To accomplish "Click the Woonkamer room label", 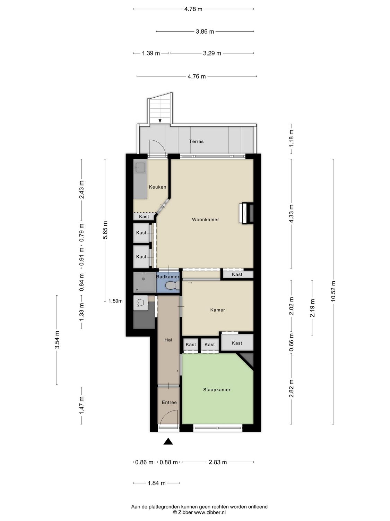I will (x=206, y=220).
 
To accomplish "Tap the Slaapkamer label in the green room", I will (x=217, y=390).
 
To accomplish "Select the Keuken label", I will (x=157, y=187).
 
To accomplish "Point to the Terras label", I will (x=196, y=141).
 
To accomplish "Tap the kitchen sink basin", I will (x=140, y=167).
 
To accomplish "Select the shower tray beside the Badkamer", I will (x=144, y=282).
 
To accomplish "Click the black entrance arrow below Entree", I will (x=168, y=441).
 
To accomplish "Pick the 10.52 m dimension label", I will (x=333, y=291).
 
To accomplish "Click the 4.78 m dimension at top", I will (x=193, y=9).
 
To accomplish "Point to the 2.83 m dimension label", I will (x=218, y=462).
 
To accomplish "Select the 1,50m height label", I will (x=115, y=301).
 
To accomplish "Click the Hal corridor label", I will (x=168, y=340).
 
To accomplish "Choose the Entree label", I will (x=169, y=403).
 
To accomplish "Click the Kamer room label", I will (x=218, y=310).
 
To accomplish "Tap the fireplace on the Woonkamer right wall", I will (x=246, y=213).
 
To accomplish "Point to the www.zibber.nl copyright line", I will (x=199, y=512).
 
